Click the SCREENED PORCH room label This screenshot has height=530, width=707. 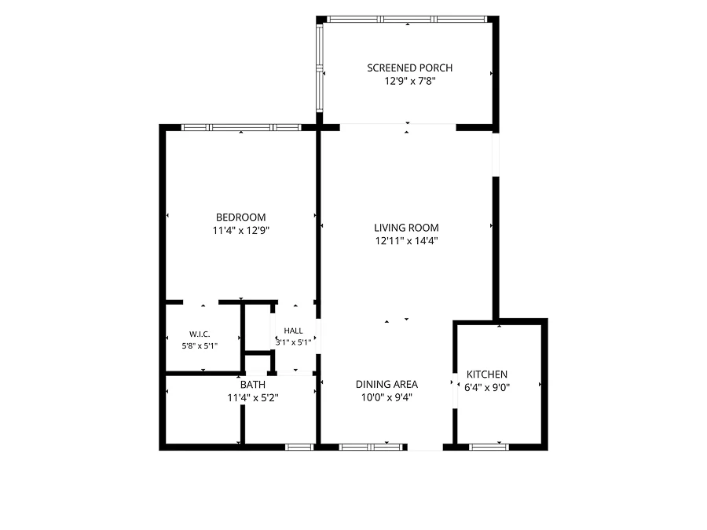coord(409,68)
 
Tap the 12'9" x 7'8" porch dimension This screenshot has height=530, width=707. coord(410,81)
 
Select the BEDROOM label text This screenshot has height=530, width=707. coord(241,217)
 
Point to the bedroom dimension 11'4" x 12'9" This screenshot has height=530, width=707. coord(241,230)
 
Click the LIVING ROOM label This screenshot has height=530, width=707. coord(406,228)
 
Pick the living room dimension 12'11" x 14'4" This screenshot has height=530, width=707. coord(406,241)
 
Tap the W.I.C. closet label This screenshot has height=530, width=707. coord(200,334)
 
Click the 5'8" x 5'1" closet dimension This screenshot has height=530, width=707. coord(200,345)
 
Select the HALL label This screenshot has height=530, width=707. coord(293,331)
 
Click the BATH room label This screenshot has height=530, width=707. coord(252,385)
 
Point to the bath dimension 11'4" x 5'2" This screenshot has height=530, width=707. coord(252,397)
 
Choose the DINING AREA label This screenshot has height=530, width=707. coord(386,385)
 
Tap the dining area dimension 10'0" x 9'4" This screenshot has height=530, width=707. coord(386,397)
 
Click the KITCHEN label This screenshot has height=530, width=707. coord(486,374)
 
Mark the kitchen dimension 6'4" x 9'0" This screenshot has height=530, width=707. coord(486,387)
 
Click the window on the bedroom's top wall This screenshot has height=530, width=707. coord(241,127)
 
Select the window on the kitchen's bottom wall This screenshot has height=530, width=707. coord(489,447)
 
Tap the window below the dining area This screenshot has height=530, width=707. coord(371,447)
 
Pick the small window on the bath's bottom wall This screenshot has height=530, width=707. coord(299,447)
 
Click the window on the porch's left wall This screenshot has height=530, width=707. coord(320,68)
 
